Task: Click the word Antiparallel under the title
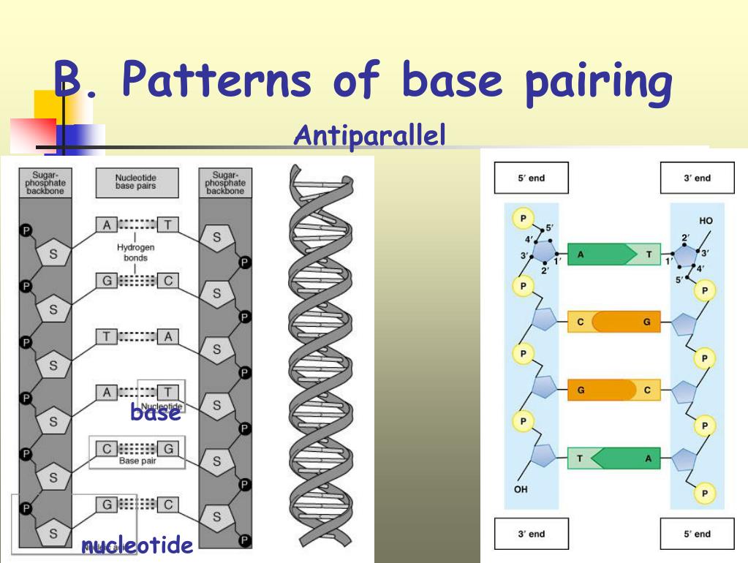tap(369, 135)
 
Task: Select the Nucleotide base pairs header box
tap(136, 182)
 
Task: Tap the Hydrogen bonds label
tap(136, 252)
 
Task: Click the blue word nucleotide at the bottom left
tap(137, 545)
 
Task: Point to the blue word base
tap(155, 412)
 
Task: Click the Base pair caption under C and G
tap(137, 461)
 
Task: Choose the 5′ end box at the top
tap(531, 178)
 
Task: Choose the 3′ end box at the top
tap(697, 178)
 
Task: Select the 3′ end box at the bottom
tap(531, 534)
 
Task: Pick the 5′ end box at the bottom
tap(697, 534)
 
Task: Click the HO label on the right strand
tap(706, 220)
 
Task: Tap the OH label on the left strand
tap(521, 490)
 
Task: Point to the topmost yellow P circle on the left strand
tap(522, 217)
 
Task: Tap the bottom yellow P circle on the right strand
tap(704, 494)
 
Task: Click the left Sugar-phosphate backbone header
tap(45, 183)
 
